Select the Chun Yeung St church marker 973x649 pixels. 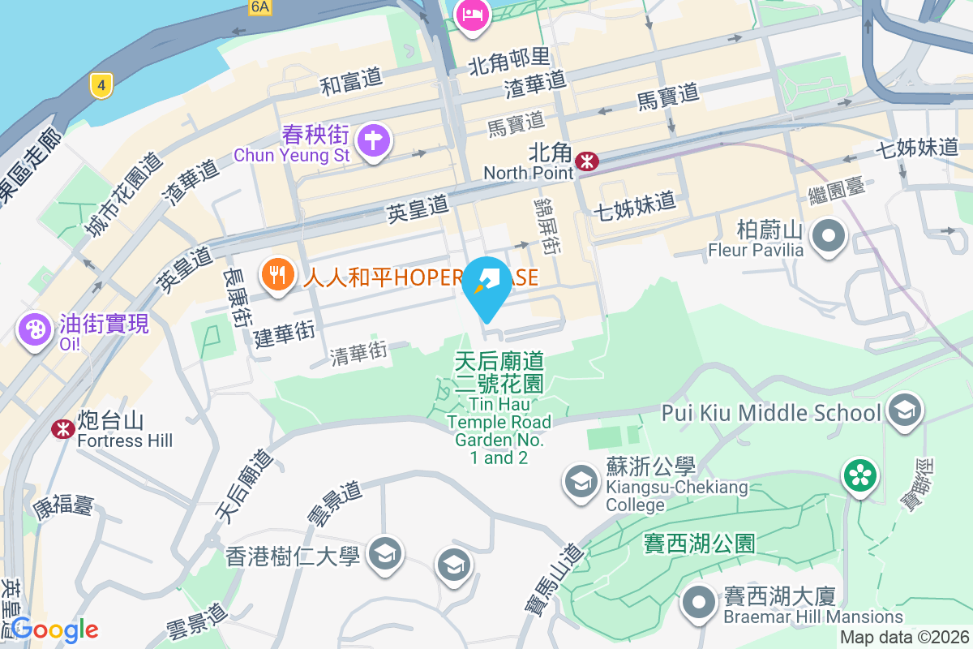373,141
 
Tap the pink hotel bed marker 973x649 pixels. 473,15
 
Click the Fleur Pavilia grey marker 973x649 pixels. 828,238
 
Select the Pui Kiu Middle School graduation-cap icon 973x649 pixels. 904,410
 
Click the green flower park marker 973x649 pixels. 859,475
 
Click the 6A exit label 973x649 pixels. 259,7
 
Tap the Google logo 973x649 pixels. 54,630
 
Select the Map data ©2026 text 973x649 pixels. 904,638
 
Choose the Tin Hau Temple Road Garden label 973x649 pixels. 499,406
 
